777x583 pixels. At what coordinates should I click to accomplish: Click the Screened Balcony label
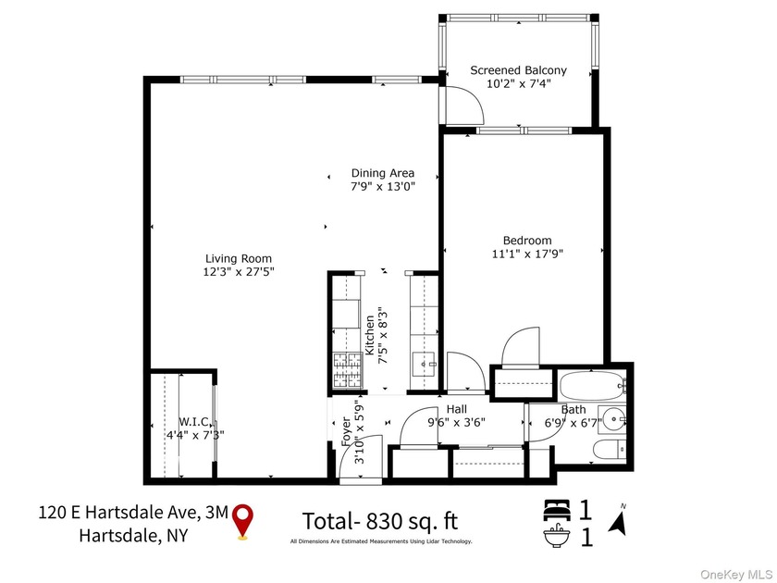pos(518,70)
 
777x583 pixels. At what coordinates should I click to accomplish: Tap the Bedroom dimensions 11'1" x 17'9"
pos(527,254)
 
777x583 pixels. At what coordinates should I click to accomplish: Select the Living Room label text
pos(239,259)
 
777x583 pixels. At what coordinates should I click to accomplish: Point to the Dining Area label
pos(383,174)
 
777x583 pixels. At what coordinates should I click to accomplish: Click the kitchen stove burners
pos(347,370)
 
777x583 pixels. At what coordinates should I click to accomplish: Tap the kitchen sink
pos(424,365)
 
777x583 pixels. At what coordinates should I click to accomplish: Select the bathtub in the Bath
pos(592,385)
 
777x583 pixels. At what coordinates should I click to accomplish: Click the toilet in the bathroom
pos(610,450)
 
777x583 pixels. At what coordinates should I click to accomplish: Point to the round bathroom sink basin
pos(614,420)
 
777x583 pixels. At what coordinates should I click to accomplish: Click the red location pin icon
pos(242,520)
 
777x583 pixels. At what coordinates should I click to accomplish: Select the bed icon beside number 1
pos(557,510)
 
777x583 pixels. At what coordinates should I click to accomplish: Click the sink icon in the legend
pos(557,536)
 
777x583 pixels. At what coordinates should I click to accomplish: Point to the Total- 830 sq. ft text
pos(380,522)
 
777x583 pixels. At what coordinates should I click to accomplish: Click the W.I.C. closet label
pos(193,422)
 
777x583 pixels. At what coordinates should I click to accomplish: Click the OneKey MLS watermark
pos(737,574)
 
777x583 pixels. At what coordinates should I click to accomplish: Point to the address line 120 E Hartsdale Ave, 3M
pos(133,512)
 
